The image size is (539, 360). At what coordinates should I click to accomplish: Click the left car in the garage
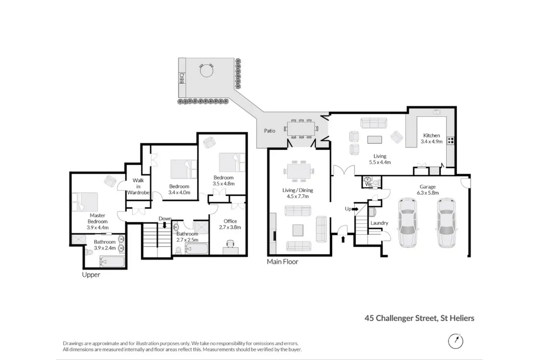[x=407, y=222]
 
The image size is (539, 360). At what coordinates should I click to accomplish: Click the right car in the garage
[x=445, y=222]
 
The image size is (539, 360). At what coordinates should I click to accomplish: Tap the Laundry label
[x=379, y=223]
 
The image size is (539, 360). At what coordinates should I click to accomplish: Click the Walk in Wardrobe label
[x=138, y=186]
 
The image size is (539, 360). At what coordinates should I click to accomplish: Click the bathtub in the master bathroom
[x=112, y=261]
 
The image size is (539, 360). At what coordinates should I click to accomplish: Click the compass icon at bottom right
[x=455, y=341]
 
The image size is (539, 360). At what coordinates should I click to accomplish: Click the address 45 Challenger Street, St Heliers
[x=420, y=318]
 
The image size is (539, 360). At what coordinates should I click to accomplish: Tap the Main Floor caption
[x=283, y=261]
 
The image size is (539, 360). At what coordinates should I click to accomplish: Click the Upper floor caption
[x=91, y=275]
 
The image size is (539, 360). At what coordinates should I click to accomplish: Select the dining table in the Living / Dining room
[x=298, y=171]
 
